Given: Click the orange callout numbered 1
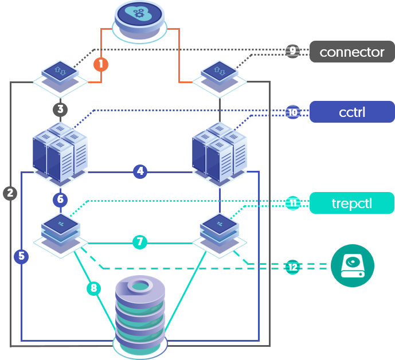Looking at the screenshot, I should [101, 64].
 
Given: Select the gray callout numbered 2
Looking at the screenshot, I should [10, 193].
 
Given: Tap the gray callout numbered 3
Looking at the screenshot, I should [61, 109].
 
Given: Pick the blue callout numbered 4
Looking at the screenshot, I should [140, 171].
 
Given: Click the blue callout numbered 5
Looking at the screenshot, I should [21, 256].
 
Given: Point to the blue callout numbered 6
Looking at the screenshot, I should [61, 199].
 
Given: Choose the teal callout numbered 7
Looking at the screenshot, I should [139, 242].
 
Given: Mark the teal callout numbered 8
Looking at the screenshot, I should [94, 288].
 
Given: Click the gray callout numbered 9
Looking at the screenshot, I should [292, 51].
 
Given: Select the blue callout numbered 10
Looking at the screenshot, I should [292, 112].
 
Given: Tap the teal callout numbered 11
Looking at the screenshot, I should [292, 203].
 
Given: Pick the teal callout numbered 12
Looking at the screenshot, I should [292, 267].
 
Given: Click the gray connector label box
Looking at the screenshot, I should [352, 52].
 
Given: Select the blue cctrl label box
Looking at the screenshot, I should [352, 112].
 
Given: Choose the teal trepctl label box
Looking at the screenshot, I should [352, 203].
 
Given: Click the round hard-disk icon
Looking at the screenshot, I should [353, 266].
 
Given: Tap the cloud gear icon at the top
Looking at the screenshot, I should [140, 19].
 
